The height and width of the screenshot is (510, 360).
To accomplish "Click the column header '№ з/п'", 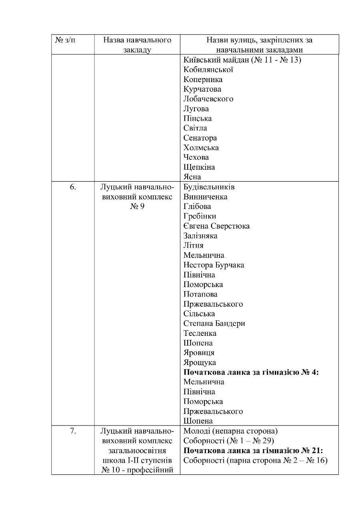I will tap(65, 40).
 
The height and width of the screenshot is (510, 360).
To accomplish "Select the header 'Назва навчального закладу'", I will tap(137, 45).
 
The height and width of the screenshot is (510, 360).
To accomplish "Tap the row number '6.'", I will tap(73, 187).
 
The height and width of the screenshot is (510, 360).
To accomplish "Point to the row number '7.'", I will tap(73, 431).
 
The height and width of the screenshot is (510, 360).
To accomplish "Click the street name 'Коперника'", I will tap(203, 80).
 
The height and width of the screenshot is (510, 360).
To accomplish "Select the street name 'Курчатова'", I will tap(202, 89).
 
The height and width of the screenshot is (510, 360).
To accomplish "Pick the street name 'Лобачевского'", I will tap(208, 99).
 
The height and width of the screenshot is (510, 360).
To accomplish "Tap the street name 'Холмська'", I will tap(201, 148).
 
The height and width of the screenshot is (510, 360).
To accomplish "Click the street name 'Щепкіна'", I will tap(199, 167).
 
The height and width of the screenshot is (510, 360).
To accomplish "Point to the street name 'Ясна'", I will tap(192, 177).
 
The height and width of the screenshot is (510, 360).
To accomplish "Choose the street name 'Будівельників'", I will tap(209, 187).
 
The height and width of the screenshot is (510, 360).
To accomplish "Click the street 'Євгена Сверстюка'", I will tap(216, 226).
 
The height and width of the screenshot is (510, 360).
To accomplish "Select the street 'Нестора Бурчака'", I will tap(214, 265).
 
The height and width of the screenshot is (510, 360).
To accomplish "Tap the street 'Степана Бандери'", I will tap(214, 323).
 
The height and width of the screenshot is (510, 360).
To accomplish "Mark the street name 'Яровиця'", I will tap(199, 353).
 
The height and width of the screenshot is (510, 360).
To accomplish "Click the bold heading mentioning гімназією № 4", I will tap(253, 372).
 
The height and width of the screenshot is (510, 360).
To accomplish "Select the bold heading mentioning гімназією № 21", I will tap(253, 451).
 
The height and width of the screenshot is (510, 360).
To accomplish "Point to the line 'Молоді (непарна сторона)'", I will tap(230, 431).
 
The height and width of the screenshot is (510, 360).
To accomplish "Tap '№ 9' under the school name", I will tap(137, 207).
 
